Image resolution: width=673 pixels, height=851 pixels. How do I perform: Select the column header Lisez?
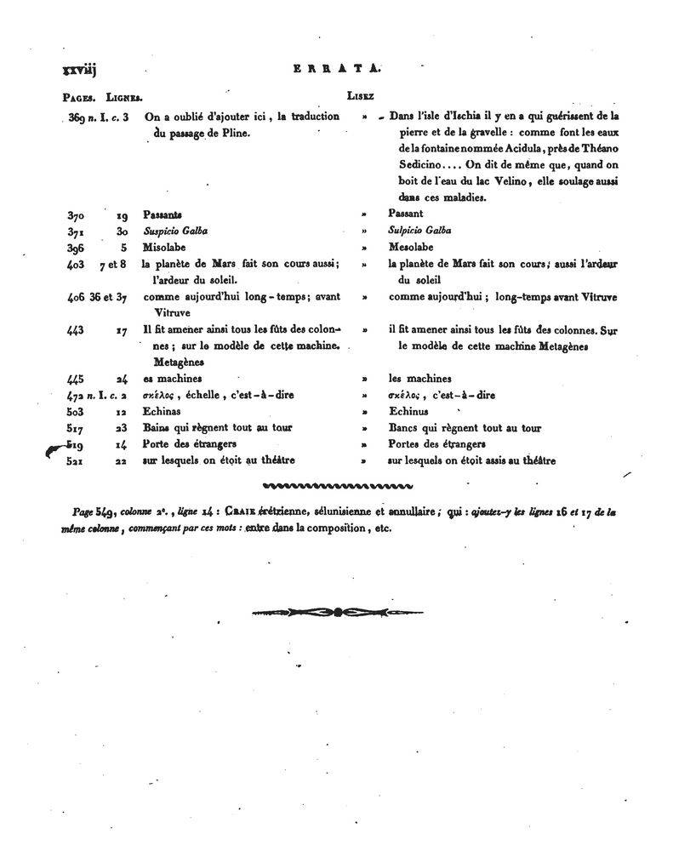click(x=360, y=96)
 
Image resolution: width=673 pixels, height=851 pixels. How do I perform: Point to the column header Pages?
click(x=78, y=97)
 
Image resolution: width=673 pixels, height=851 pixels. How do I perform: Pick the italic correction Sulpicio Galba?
click(x=419, y=231)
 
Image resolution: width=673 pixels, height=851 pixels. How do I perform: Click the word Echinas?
click(x=165, y=412)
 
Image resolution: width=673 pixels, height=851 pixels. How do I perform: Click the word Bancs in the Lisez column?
click(x=405, y=428)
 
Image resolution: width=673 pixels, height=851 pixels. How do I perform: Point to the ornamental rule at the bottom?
click(x=337, y=611)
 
